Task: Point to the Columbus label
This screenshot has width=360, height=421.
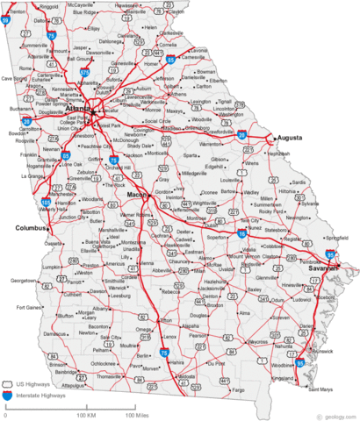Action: coord(32,228)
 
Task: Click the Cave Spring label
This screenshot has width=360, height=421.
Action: coord(14,78)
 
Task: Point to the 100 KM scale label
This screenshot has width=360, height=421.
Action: coord(86,414)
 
